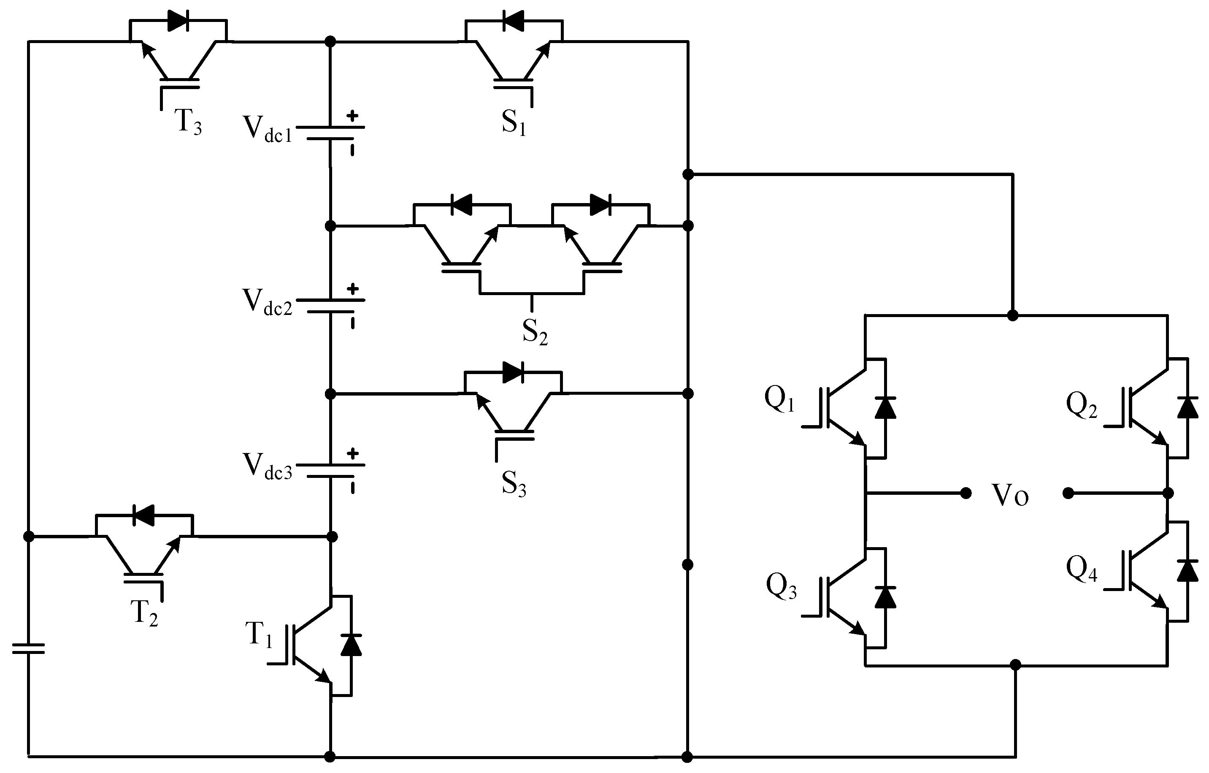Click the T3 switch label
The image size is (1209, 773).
[188, 122]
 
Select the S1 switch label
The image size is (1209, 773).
[513, 122]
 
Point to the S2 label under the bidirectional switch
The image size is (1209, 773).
[534, 331]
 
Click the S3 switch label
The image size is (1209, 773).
[513, 483]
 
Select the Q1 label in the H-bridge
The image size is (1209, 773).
[779, 399]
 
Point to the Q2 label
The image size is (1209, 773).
[1081, 406]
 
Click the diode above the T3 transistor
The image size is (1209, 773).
[178, 21]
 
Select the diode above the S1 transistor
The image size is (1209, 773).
[513, 21]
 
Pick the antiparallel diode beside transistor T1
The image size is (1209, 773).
[351, 646]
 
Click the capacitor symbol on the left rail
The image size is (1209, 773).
[29, 649]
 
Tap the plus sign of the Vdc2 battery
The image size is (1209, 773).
[353, 289]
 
